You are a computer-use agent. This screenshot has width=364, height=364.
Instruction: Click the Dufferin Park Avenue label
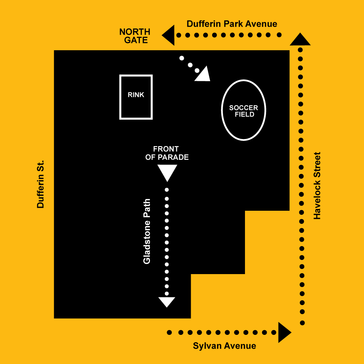pyautogui.click(x=232, y=24)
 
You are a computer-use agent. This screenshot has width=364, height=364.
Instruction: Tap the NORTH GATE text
pyautogui.click(x=135, y=36)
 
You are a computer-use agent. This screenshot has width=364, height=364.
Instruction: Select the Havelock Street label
pyautogui.click(x=317, y=186)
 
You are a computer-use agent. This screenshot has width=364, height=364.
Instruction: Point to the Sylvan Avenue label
pyautogui.click(x=225, y=346)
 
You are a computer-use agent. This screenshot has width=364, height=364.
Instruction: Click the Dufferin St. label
pyautogui.click(x=40, y=184)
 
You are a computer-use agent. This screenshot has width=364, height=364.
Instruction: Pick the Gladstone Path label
pyautogui.click(x=147, y=232)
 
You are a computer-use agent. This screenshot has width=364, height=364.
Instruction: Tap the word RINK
pyautogui.click(x=136, y=95)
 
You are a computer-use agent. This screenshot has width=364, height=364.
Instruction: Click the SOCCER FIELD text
pyautogui.click(x=244, y=111)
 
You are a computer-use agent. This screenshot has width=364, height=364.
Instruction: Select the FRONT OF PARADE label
pyautogui.click(x=167, y=153)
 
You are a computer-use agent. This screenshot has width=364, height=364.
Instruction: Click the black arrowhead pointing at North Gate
pyautogui.click(x=168, y=35)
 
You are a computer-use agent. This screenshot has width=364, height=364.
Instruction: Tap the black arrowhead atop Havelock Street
pyautogui.click(x=300, y=39)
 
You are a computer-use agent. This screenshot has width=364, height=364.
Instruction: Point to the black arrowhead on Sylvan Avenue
pyautogui.click(x=285, y=332)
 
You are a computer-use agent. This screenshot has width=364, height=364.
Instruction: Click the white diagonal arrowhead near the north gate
pyautogui.click(x=203, y=75)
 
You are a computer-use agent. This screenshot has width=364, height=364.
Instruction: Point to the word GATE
pyautogui.click(x=136, y=40)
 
